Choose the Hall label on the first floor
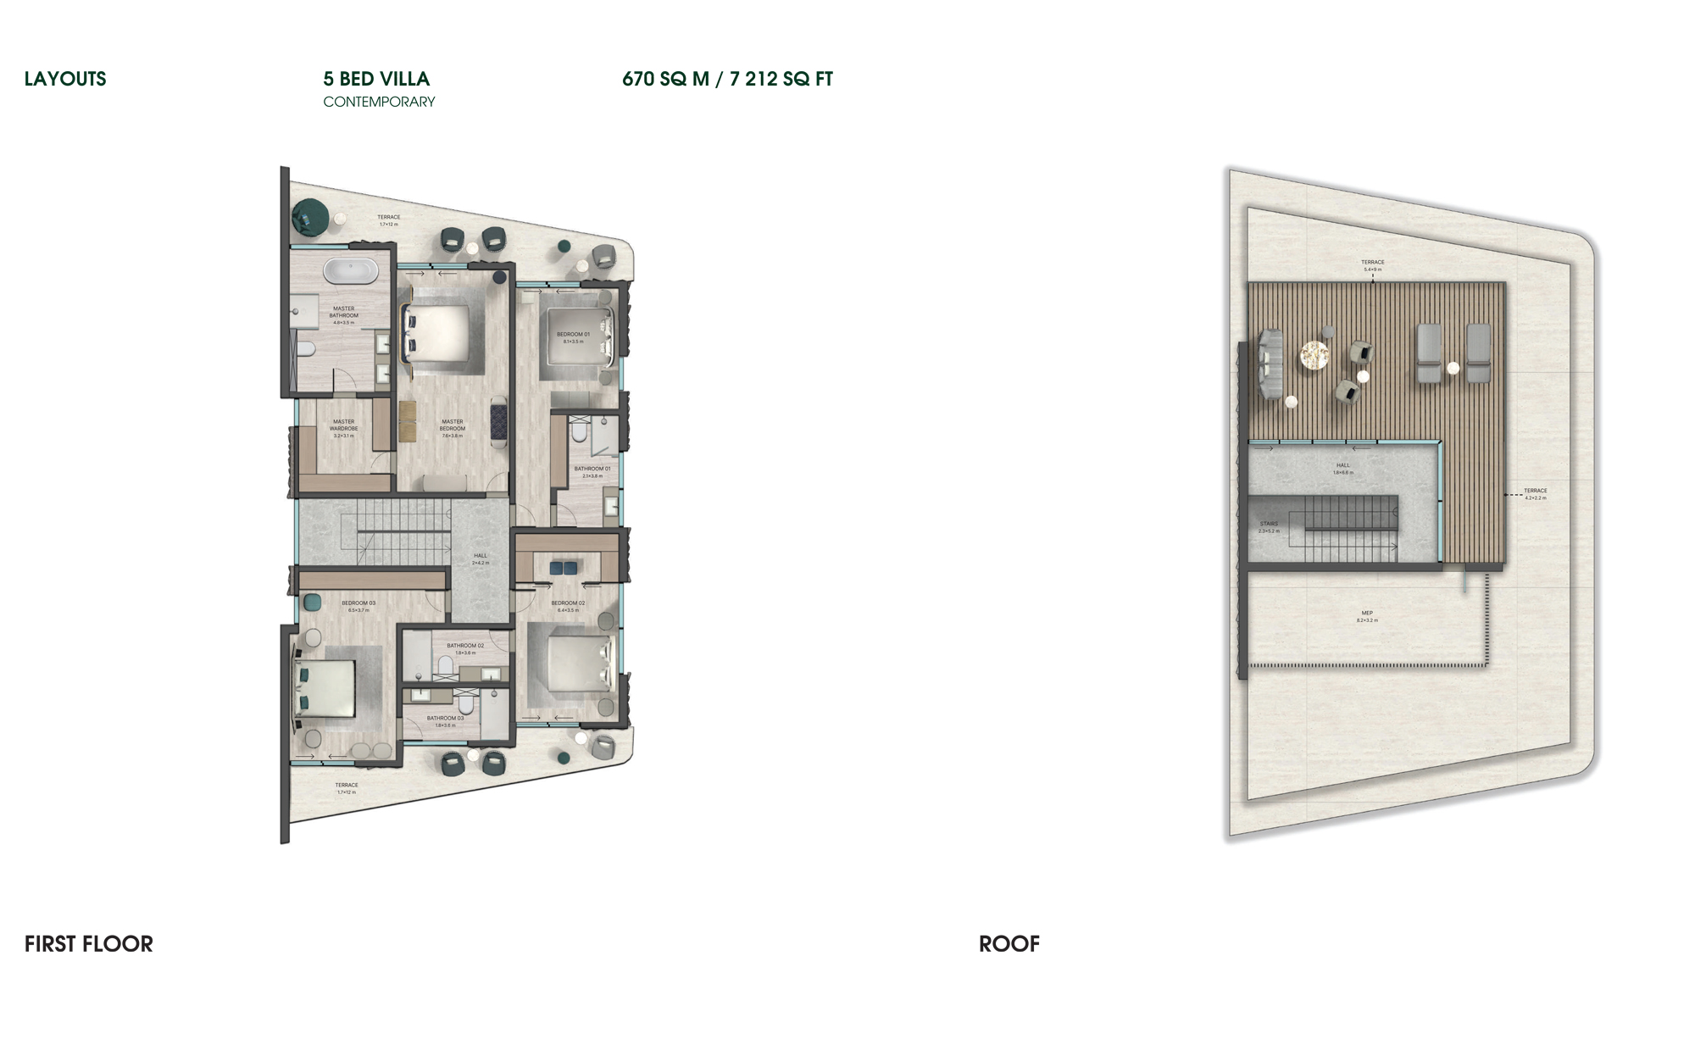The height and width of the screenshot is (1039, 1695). (481, 558)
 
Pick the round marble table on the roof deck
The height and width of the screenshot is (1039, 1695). (1314, 355)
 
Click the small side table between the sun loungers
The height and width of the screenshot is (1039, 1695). (1453, 368)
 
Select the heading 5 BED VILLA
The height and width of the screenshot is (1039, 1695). (376, 79)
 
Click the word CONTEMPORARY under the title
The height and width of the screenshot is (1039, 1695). (379, 102)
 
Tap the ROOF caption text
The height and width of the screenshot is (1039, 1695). (1009, 944)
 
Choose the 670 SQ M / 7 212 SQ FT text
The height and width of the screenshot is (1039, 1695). (727, 79)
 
